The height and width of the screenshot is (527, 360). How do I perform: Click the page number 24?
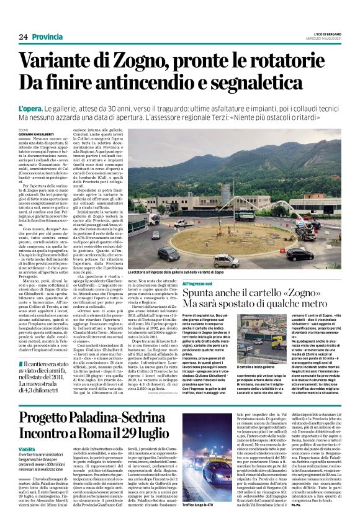click(x=24, y=37)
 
